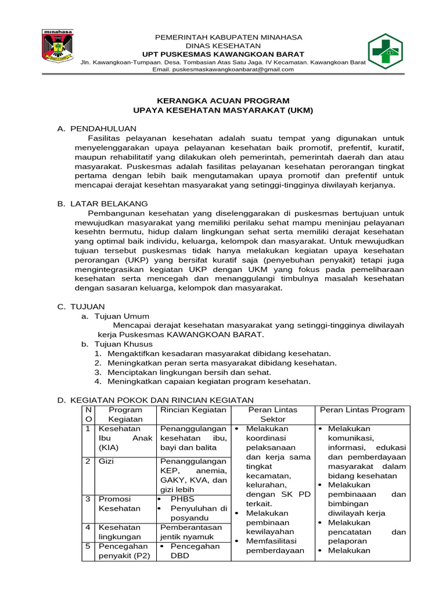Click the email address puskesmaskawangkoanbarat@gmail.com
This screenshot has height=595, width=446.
point(223,69)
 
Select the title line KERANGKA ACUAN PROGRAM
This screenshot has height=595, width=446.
point(223,100)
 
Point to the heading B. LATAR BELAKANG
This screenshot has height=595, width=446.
point(102,203)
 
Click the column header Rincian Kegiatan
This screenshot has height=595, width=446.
point(192,410)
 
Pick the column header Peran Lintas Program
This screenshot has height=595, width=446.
point(362,410)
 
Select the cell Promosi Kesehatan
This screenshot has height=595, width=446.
point(120,503)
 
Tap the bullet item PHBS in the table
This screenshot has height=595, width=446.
point(182,499)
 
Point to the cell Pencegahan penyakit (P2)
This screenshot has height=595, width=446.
point(124,551)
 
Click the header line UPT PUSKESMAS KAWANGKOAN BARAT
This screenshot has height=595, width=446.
point(223,54)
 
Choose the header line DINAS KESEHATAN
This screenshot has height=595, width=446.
point(223,45)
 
